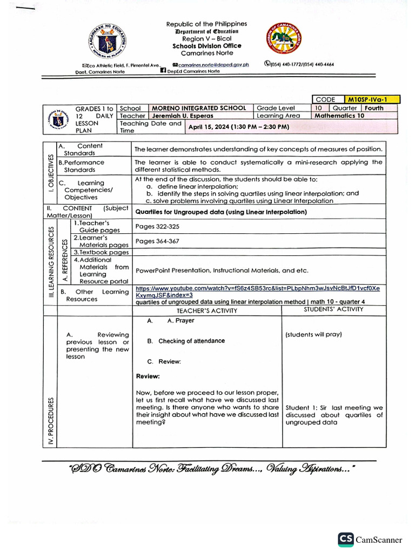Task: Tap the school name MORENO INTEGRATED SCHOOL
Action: pos(199,108)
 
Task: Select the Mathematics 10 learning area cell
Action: pos(340,116)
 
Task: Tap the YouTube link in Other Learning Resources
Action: pos(257,292)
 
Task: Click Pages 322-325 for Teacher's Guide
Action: pos(157,226)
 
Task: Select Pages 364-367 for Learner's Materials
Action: pos(157,241)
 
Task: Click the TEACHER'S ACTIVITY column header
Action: pos(207,311)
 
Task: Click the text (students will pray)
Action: pos(313,334)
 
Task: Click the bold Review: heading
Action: pos(148,376)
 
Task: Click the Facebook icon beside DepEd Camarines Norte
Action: pos(163,71)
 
